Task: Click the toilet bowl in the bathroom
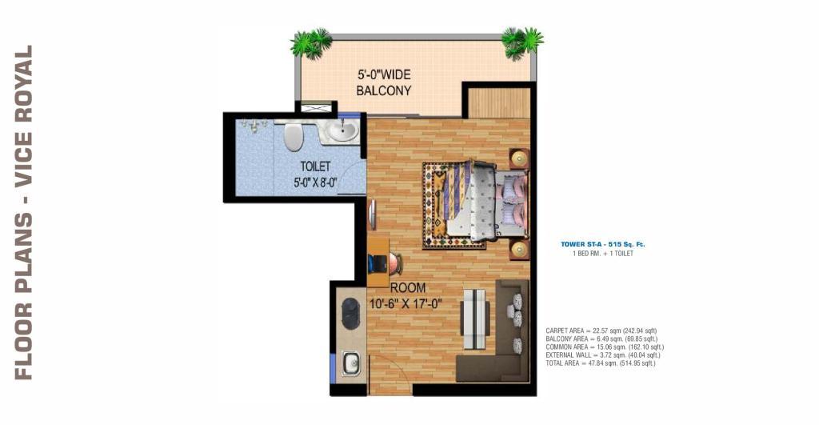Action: click(x=293, y=135)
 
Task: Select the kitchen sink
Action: click(x=350, y=363)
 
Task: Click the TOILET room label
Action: click(x=315, y=166)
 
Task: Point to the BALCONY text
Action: click(x=383, y=90)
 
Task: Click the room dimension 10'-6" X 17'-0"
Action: click(x=406, y=303)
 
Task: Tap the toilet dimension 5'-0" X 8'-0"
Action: click(x=315, y=182)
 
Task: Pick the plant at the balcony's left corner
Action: click(x=311, y=43)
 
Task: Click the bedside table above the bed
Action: click(x=518, y=158)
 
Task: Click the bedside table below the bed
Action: click(x=518, y=249)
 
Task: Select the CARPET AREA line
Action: click(x=601, y=331)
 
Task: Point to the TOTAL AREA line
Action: click(x=600, y=363)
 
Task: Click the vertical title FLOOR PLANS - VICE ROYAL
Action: click(x=23, y=212)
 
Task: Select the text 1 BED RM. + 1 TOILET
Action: click(x=603, y=254)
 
